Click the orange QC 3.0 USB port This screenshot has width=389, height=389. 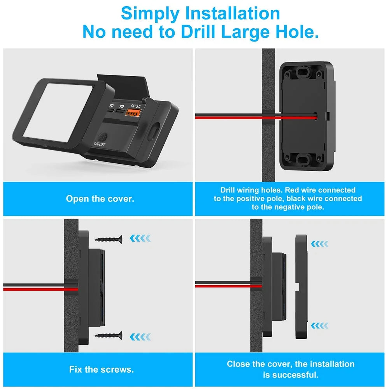[133, 114]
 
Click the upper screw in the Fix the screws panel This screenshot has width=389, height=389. [109, 238]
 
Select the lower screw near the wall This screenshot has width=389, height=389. [109, 335]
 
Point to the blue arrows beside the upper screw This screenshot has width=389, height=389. [140, 238]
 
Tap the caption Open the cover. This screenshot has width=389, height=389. [100, 199]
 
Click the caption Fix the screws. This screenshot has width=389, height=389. [102, 369]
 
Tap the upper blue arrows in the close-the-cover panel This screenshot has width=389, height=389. [320, 244]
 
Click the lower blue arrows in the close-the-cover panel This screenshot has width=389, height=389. [320, 325]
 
